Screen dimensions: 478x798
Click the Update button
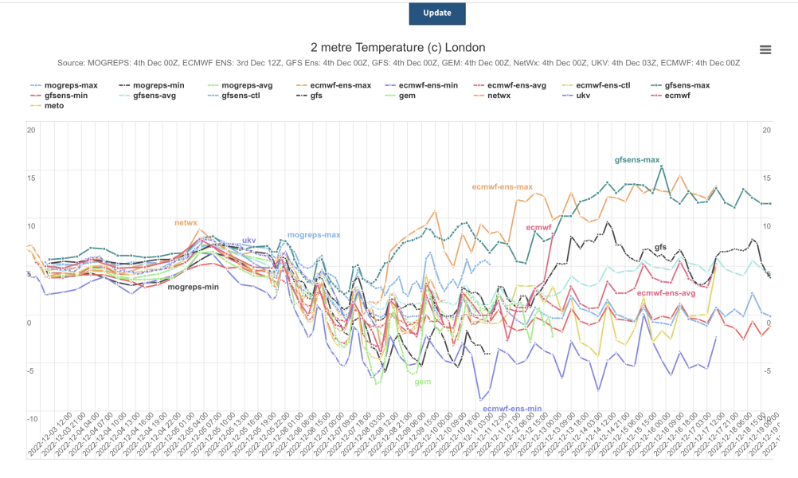point(436,13)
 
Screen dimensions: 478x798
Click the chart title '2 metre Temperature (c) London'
point(397,47)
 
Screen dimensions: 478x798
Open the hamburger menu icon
point(765,49)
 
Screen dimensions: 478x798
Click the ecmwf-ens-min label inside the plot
point(512,409)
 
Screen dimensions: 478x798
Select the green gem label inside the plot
point(422,382)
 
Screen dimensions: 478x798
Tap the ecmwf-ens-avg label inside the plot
point(667,293)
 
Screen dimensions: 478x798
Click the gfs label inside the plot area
point(660,248)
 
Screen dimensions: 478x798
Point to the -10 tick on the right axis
point(766,419)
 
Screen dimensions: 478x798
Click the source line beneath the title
point(398,63)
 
